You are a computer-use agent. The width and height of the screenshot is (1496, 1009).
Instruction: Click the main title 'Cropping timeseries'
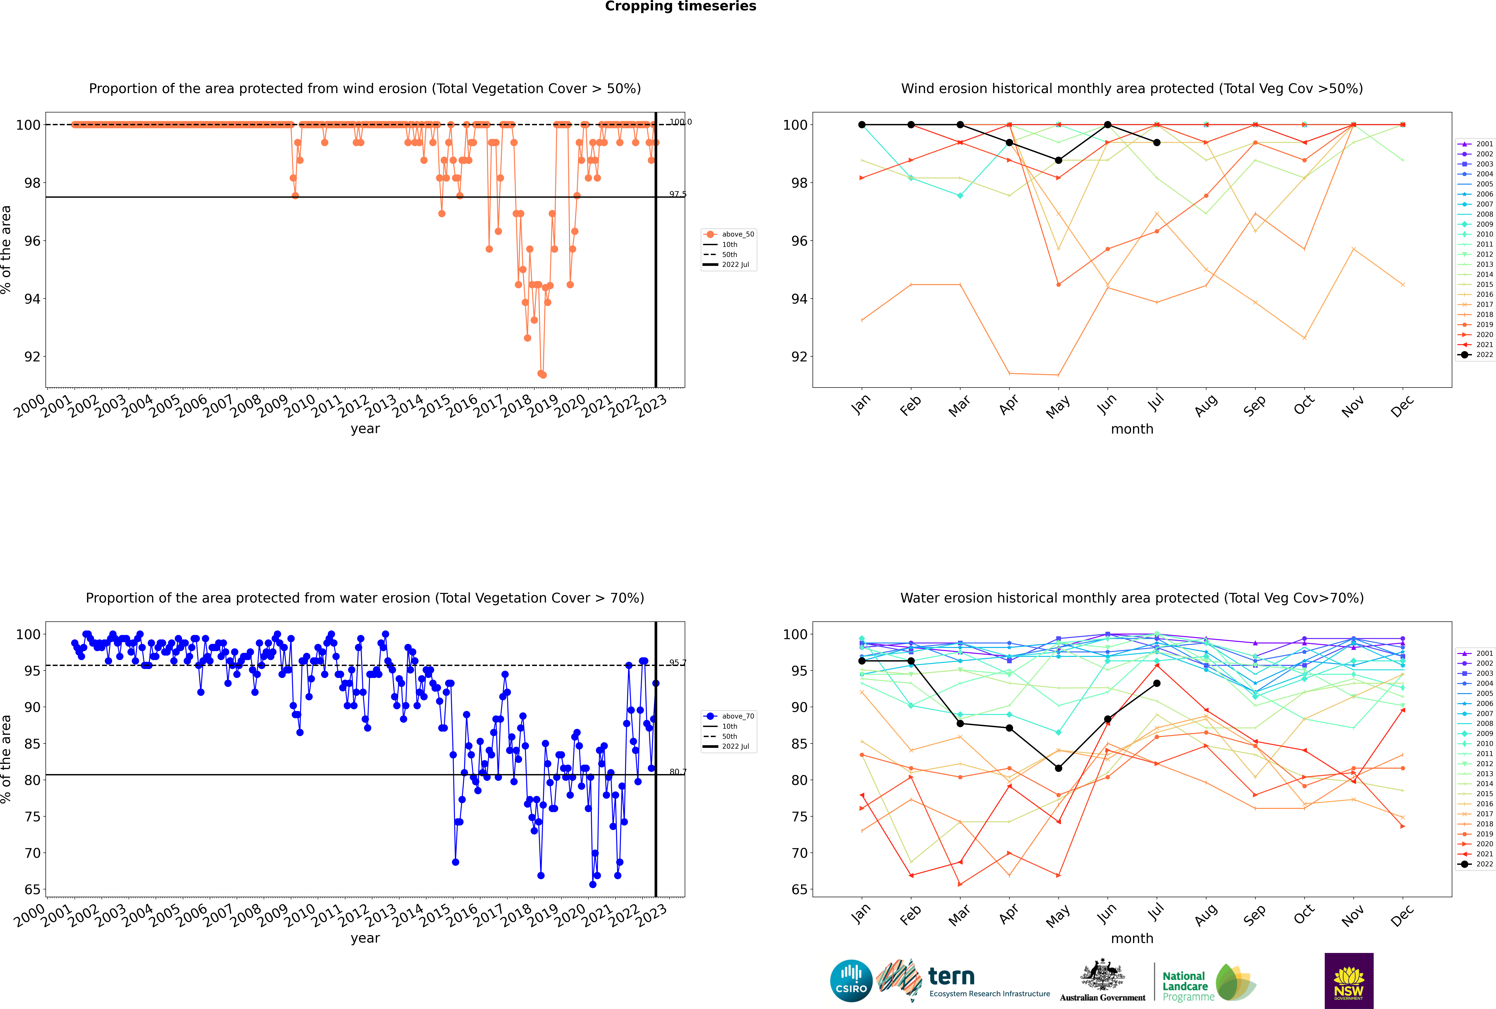tap(680, 6)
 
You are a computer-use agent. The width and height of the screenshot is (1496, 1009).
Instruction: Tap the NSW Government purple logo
tap(1349, 980)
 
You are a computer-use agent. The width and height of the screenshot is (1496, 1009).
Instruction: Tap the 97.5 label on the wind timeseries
tap(677, 194)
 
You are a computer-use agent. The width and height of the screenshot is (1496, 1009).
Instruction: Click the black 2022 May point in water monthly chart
tap(1058, 768)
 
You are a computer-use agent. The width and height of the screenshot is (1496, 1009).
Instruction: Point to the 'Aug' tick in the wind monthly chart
tap(1205, 405)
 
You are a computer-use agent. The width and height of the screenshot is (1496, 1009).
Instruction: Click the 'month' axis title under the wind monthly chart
tap(1132, 429)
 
